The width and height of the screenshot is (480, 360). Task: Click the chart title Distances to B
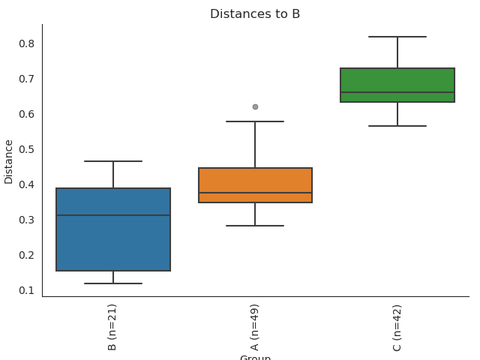(255, 14)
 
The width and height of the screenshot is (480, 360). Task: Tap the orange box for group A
(255, 180)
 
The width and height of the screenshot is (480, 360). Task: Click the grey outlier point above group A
(255, 106)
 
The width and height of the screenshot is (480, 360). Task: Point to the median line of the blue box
(113, 215)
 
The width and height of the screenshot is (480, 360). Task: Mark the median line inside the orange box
(255, 193)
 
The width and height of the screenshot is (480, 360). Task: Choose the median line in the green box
(397, 92)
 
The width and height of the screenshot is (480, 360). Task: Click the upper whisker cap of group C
(397, 37)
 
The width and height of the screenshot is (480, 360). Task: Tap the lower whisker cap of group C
(397, 126)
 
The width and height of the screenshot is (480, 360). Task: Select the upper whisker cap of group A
(255, 121)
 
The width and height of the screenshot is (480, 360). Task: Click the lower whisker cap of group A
(255, 225)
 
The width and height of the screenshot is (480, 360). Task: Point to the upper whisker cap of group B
(113, 161)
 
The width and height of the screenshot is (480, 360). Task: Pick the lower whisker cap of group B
(113, 283)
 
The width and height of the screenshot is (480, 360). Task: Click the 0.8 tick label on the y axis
(27, 43)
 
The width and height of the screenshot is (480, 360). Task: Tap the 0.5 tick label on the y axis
(27, 149)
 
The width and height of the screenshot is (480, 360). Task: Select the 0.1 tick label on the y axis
(27, 290)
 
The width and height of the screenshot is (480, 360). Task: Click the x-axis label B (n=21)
(112, 328)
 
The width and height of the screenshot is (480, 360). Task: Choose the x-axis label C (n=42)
(397, 328)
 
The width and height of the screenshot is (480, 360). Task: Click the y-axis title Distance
(9, 161)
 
